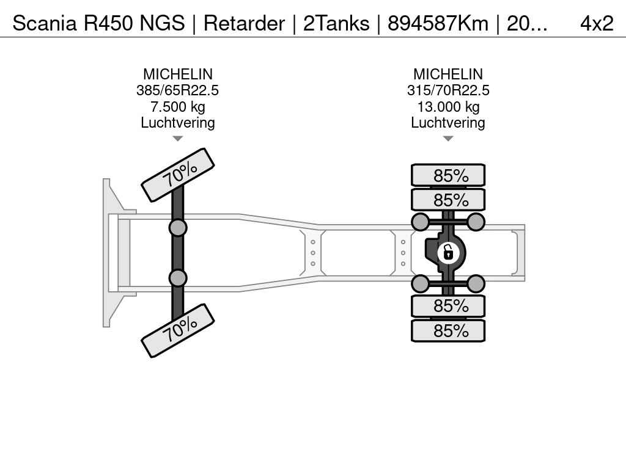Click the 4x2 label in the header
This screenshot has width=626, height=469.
(596, 23)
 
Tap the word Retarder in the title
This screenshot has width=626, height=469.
(244, 23)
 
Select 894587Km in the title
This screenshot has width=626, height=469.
(438, 23)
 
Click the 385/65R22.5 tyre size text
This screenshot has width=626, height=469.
(177, 90)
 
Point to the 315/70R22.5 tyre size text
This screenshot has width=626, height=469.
(448, 90)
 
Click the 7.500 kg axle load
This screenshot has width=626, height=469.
(177, 106)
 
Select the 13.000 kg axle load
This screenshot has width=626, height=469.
(448, 106)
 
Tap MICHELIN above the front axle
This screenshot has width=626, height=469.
(177, 75)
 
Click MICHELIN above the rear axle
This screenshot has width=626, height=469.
(448, 75)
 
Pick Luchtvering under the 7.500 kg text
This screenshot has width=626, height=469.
(177, 122)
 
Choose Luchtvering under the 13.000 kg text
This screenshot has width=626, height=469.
(448, 122)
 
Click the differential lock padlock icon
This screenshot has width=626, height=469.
(448, 252)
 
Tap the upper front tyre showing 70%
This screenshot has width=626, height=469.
(178, 175)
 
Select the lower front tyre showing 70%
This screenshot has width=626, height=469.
(178, 330)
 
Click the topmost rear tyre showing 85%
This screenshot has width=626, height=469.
(448, 175)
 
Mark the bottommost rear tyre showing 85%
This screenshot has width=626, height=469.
(448, 330)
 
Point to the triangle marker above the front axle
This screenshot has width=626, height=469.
(177, 139)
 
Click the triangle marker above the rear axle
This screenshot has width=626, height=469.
(448, 139)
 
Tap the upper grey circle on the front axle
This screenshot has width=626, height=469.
(178, 228)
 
